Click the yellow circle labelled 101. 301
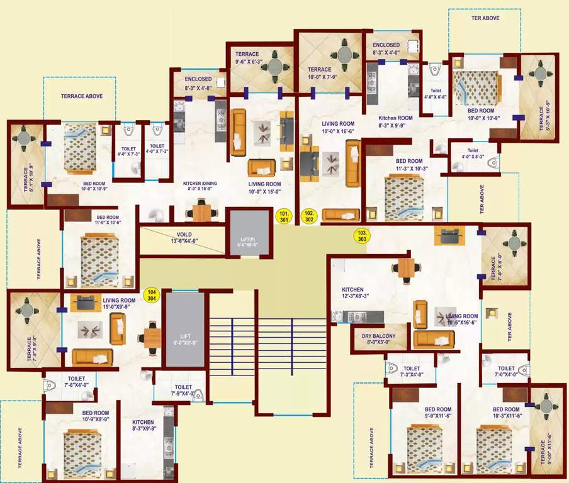coord(284,216)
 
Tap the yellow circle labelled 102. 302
coord(309,216)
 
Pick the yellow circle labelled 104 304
coord(151,296)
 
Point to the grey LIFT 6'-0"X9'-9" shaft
coord(184,329)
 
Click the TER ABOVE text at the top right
coord(485,18)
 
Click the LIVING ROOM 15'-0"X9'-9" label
coord(119,304)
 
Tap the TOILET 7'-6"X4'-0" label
coord(80,381)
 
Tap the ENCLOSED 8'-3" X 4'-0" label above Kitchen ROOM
coord(386,49)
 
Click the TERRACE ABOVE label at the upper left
coord(81,96)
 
